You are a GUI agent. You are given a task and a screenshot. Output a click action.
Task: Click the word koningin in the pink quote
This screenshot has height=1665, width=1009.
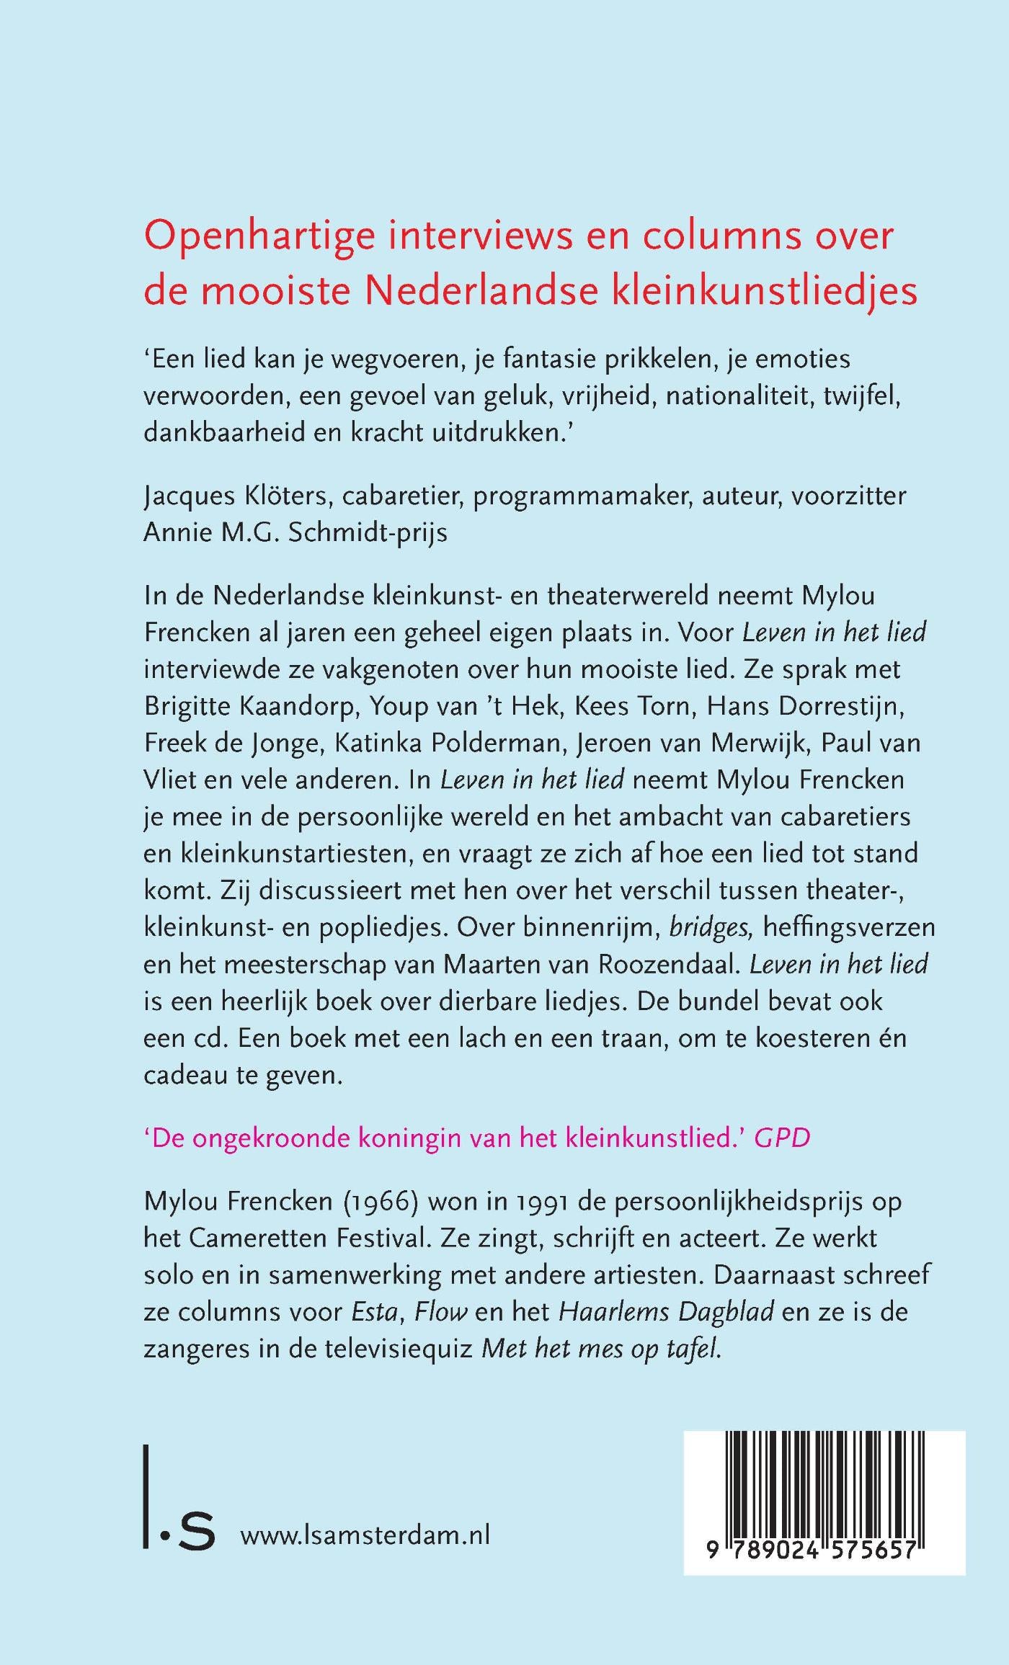410,1138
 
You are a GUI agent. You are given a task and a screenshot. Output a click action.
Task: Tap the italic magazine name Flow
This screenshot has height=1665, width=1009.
440,1311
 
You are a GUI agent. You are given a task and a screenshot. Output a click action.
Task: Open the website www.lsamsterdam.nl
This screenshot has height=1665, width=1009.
365,1535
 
